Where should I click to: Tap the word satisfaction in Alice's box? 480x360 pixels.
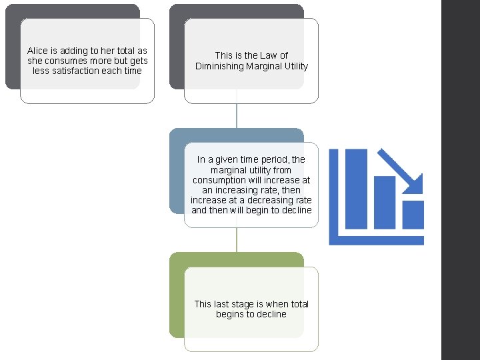75,71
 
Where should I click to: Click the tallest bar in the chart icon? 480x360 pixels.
356,189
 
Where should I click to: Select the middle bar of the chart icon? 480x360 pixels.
385,203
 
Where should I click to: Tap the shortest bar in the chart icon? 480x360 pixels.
413,215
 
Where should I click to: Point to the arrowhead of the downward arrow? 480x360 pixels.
416,186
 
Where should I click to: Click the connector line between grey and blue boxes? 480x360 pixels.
237,116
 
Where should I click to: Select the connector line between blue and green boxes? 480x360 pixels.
237,240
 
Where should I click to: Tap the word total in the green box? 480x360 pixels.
299,304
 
